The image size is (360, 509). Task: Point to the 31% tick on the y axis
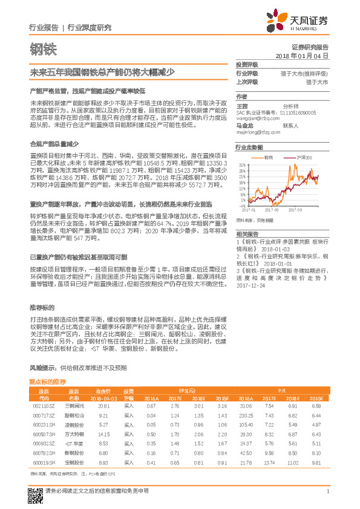coord(242,164)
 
